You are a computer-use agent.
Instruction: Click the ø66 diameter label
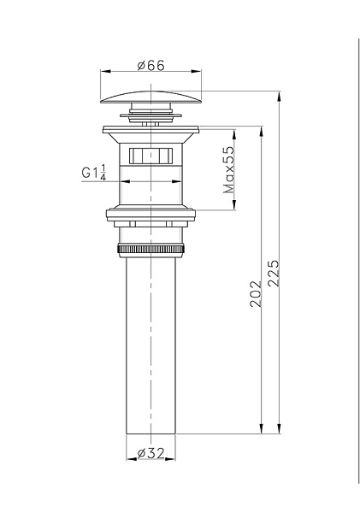tap(151, 64)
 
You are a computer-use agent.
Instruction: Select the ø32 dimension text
tap(151, 456)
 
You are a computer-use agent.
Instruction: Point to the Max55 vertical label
tap(229, 169)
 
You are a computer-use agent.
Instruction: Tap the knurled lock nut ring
tap(151, 250)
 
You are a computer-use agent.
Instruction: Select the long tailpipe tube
tap(151, 342)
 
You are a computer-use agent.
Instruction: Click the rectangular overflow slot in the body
tap(151, 156)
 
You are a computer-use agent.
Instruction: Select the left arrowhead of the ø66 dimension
tap(105, 74)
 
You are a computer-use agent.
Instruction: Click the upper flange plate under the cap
tap(151, 131)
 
